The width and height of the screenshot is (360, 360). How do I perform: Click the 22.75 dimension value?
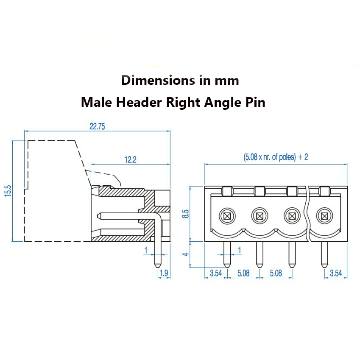point(97,126)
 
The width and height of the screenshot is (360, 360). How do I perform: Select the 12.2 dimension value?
point(131,159)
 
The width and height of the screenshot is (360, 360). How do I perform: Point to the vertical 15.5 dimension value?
point(8,191)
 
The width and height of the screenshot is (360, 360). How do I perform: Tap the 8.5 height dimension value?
point(185,214)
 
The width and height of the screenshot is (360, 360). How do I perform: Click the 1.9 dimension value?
point(164,273)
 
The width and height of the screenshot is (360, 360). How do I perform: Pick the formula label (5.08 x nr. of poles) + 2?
point(276,157)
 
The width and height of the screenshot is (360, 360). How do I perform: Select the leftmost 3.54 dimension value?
point(216,273)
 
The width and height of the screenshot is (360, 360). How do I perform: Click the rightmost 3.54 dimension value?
point(336,273)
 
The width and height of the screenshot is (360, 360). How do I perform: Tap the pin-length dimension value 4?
point(185,254)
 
